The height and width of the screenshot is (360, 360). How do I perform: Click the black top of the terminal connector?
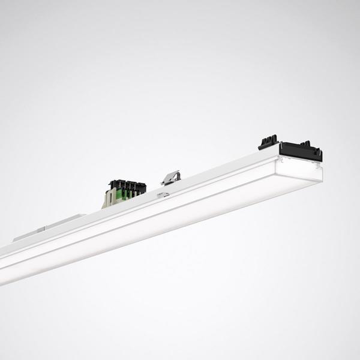tap(127, 184)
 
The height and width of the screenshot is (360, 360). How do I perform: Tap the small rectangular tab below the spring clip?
tap(163, 194)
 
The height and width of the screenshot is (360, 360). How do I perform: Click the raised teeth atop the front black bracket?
tap(308, 144)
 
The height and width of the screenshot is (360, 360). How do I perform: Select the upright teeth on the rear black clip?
tap(268, 139)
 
